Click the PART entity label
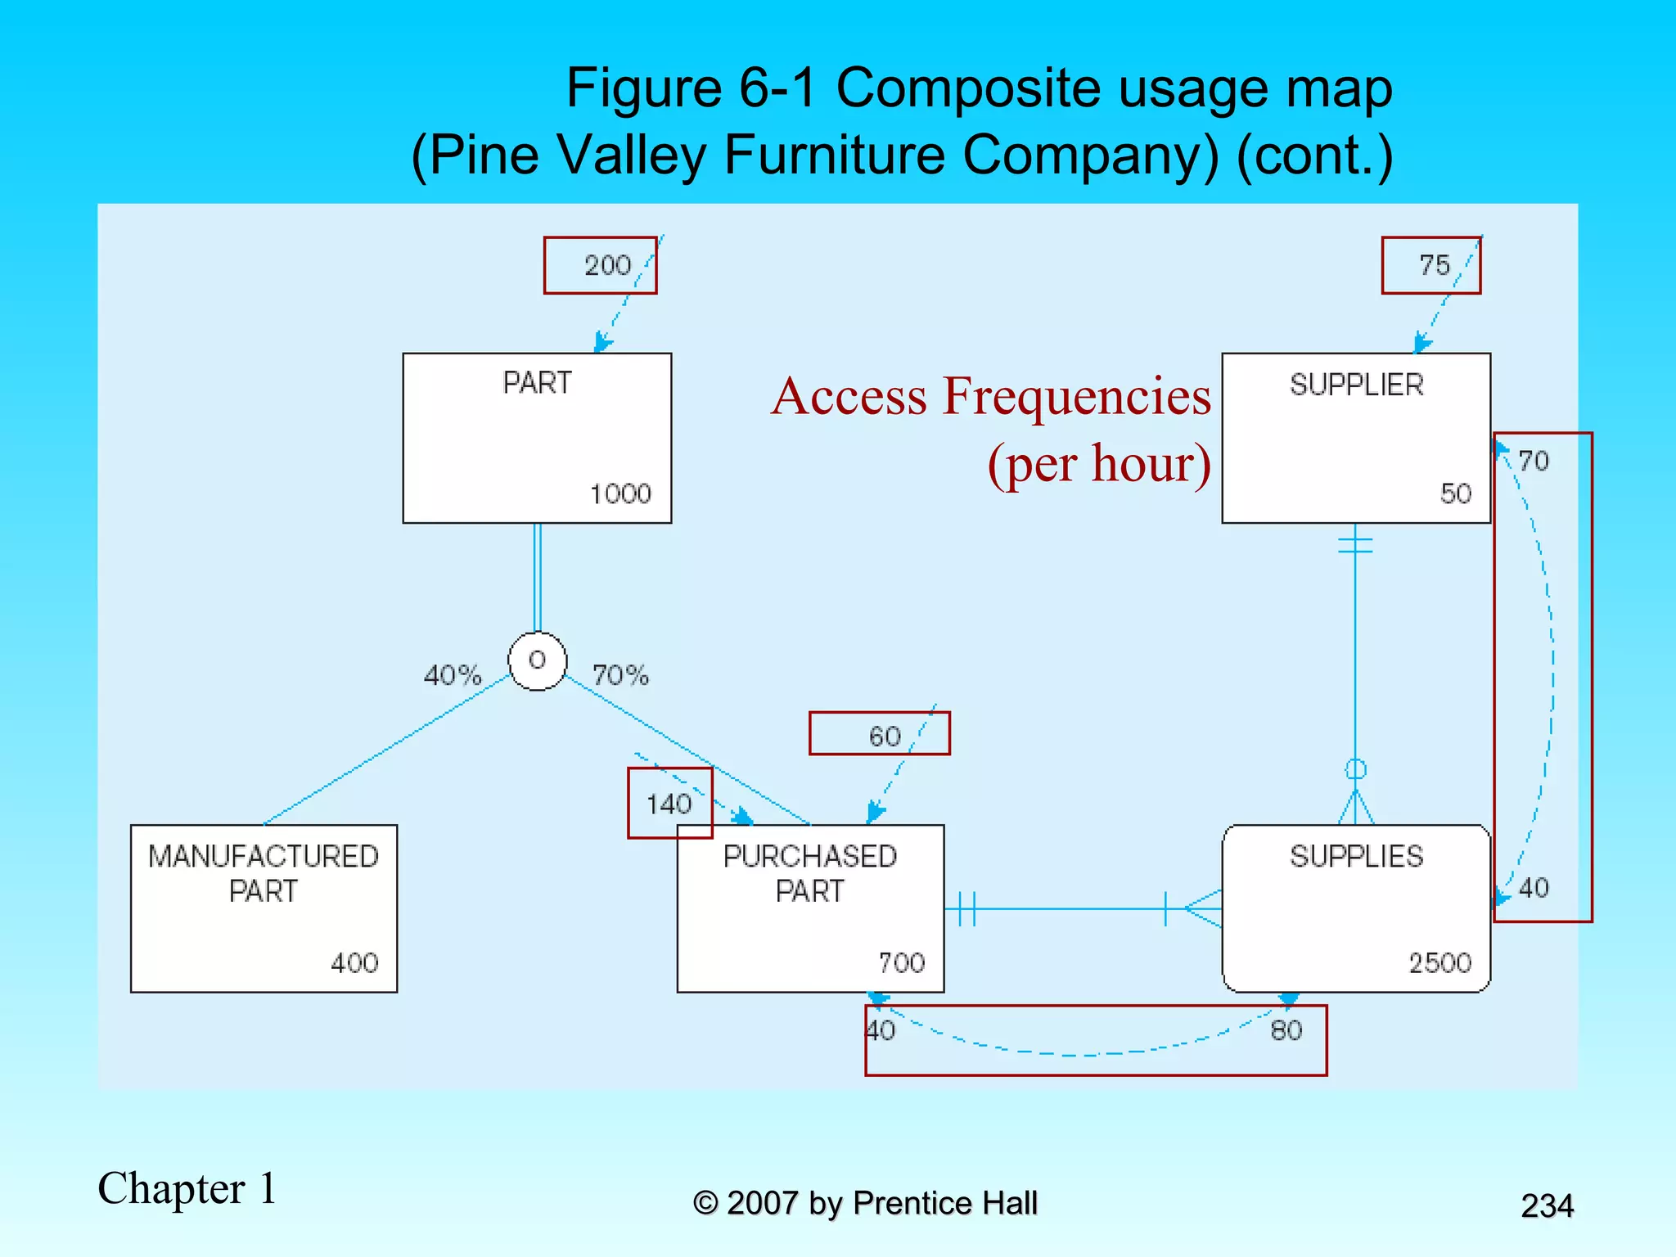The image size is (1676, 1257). click(537, 383)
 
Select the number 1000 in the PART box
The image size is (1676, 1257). click(620, 493)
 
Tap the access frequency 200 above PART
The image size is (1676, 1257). click(607, 265)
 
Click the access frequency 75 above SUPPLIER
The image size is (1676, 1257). click(1435, 265)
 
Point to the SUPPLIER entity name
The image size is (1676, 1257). click(1356, 385)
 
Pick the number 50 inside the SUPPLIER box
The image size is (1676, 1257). click(1455, 493)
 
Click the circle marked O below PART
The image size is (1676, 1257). click(537, 660)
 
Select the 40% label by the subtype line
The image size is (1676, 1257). click(453, 675)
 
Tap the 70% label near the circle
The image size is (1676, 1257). click(620, 675)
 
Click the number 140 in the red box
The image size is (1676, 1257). click(669, 804)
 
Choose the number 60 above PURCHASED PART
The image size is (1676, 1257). click(885, 737)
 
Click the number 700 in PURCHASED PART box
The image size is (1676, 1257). click(901, 962)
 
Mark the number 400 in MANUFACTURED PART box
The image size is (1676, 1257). click(354, 962)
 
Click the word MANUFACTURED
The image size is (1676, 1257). click(264, 856)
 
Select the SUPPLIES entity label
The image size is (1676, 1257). click(1356, 856)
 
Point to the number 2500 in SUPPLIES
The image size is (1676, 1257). click(1439, 962)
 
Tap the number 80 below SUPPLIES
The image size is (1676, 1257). click(1286, 1030)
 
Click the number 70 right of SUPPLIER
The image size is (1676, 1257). click(1534, 461)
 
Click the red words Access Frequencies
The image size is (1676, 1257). click(990, 396)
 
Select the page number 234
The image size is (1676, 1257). click(1547, 1205)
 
